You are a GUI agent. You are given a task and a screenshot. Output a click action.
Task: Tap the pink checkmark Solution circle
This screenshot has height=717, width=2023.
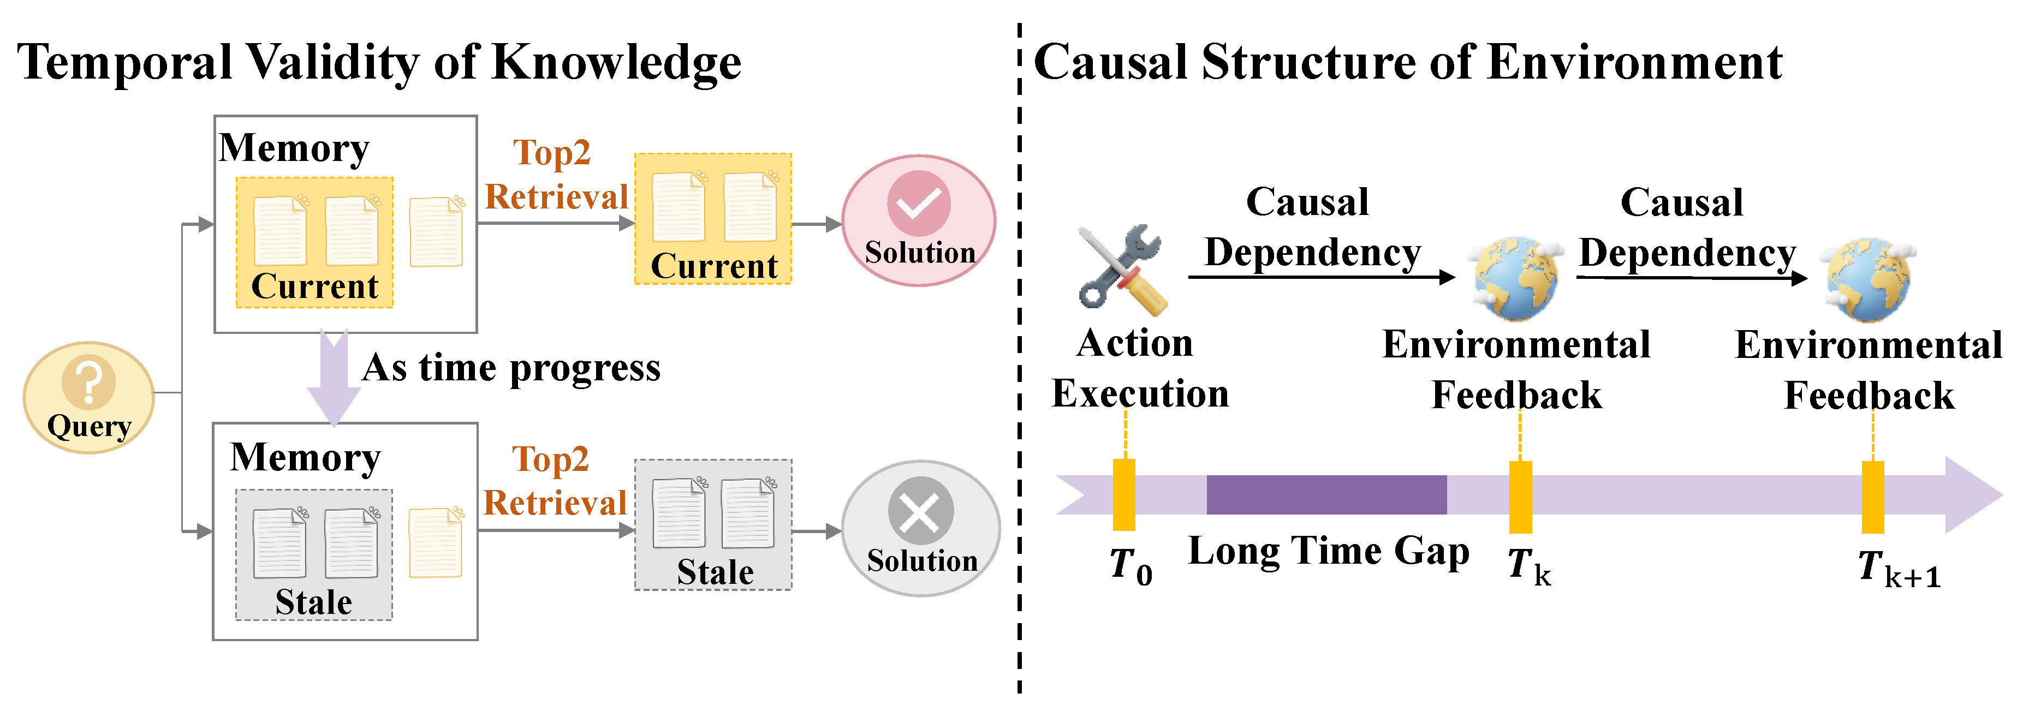[919, 220]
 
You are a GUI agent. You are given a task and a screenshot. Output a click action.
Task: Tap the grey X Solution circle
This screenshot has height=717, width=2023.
[920, 528]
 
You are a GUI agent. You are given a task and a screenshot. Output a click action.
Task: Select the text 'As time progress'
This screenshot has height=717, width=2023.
[511, 368]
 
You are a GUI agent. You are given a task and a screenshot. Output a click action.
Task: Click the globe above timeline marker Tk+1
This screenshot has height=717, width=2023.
[1869, 279]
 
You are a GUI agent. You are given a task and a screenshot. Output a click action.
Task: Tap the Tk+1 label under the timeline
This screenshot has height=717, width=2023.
[1898, 568]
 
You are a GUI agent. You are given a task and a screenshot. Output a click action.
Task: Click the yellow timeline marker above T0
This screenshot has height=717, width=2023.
[1124, 495]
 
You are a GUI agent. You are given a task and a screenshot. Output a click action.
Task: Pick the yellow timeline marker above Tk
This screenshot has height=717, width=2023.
[1520, 497]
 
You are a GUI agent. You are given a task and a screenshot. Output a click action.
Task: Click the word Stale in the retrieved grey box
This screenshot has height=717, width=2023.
[715, 572]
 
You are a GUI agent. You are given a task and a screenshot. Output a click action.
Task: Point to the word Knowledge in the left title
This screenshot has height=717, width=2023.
[616, 63]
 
